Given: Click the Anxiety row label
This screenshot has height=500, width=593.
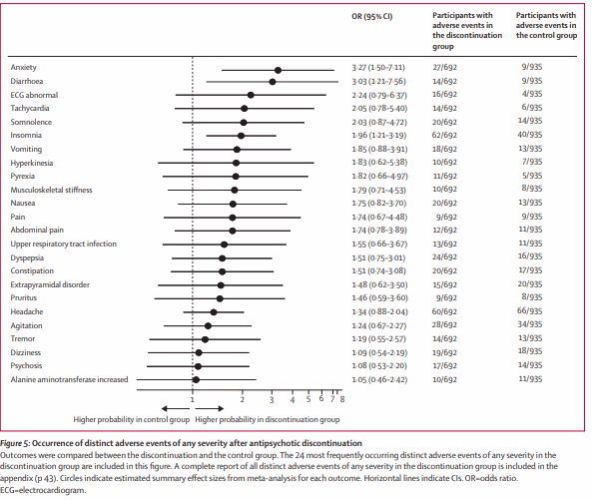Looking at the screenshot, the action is tap(23, 67).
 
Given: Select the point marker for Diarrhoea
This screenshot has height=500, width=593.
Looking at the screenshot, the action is tap(273, 82).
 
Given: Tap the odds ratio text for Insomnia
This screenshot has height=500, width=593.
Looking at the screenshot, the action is tap(379, 136).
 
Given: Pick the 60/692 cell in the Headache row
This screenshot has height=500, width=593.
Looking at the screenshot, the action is tap(445, 311).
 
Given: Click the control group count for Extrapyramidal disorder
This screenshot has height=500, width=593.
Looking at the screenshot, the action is tap(530, 284).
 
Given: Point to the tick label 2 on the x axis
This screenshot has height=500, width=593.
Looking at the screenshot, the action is tap(243, 399).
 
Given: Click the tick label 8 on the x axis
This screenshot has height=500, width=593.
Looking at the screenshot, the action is tap(342, 399).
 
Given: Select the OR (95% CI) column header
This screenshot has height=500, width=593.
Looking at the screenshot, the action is tap(372, 17).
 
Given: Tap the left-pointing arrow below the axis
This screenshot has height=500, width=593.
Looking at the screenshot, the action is tap(176, 408).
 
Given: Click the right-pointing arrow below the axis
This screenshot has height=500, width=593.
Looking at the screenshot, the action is tap(209, 408).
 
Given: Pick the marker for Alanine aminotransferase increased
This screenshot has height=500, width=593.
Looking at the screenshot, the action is tap(196, 379).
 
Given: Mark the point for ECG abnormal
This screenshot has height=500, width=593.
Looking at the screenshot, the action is tap(251, 95).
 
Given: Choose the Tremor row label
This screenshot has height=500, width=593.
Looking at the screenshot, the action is tap(23, 338).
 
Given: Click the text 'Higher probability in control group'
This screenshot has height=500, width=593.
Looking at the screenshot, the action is tap(131, 419).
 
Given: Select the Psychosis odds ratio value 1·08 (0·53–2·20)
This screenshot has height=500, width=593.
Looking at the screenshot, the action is tap(379, 366).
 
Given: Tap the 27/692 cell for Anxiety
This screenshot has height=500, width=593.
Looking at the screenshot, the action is tap(445, 67).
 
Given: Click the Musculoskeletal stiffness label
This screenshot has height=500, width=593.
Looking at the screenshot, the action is tap(52, 190).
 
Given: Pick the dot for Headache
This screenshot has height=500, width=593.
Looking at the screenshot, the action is tap(214, 312).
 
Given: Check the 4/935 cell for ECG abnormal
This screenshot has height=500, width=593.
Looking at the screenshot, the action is tap(532, 94).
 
